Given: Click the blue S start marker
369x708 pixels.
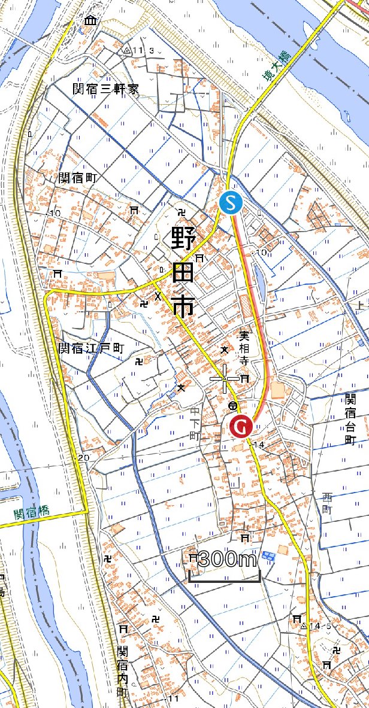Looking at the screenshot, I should pos(231,202).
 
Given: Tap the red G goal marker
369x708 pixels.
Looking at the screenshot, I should pos(241,426).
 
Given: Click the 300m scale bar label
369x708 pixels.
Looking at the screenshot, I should pos(226,560).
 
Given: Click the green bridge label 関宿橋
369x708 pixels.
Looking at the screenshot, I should pos(32,513).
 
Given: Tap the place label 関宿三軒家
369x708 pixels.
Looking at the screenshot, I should pos(105,89).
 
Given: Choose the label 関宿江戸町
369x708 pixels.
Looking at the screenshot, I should pos(90,348).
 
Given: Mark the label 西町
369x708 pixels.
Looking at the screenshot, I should pos(326,503).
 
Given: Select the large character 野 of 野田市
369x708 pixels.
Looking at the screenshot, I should pos(182,241).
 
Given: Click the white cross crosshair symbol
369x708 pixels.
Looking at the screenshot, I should pos(225,379).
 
